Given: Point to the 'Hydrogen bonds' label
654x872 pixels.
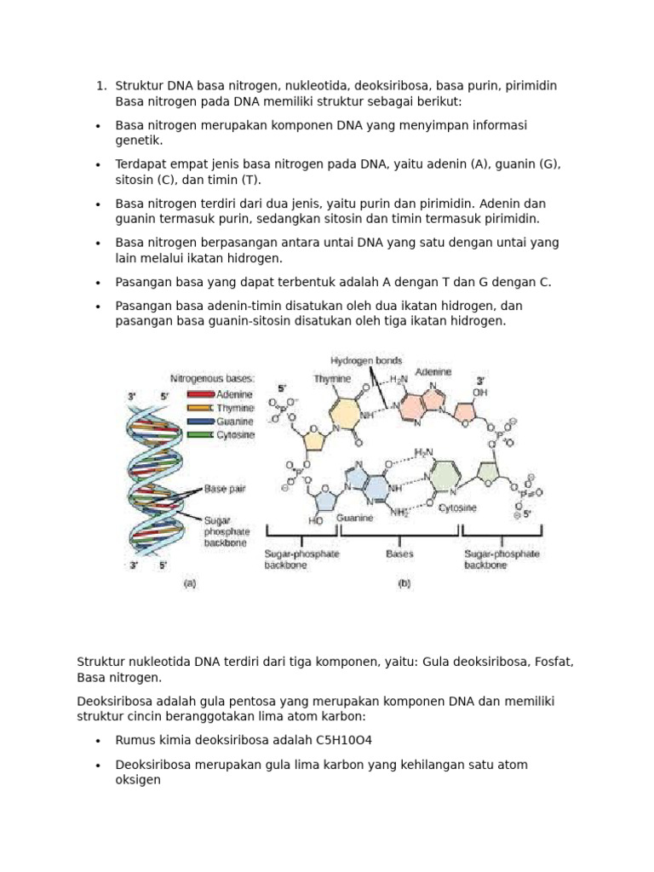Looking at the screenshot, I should (x=366, y=360).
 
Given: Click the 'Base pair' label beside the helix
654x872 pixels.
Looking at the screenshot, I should (x=224, y=490).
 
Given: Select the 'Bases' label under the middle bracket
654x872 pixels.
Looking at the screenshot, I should (x=399, y=554).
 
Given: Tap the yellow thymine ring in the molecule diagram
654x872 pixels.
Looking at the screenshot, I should (x=344, y=415).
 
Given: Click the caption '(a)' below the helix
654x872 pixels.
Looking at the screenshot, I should (x=189, y=584).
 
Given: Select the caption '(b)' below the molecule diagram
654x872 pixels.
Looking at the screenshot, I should (x=404, y=584).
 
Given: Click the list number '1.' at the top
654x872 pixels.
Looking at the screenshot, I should (x=100, y=86).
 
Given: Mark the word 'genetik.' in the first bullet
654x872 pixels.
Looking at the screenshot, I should (x=139, y=141).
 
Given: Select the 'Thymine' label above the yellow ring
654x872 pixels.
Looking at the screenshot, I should (x=332, y=378).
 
